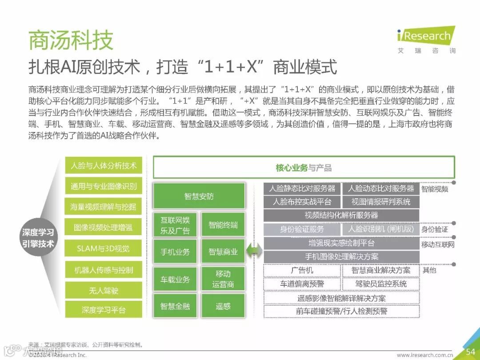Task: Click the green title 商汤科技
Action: [71, 40]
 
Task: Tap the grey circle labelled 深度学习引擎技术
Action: [38, 238]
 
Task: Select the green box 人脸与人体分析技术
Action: [104, 166]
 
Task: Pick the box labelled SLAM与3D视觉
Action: [104, 248]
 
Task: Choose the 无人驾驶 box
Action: [104, 290]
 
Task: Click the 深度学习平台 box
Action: [104, 310]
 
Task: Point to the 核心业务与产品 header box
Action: [304, 168]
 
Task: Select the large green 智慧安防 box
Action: [199, 196]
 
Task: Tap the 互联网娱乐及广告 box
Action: [175, 225]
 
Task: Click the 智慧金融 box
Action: [175, 306]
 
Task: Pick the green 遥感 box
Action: [223, 306]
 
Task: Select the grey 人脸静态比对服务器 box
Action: [302, 188]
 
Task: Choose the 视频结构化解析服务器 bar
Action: [341, 215]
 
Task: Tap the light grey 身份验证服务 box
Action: [302, 229]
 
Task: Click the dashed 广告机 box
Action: [302, 270]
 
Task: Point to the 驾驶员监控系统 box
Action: [381, 284]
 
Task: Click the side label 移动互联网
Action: [438, 244]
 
